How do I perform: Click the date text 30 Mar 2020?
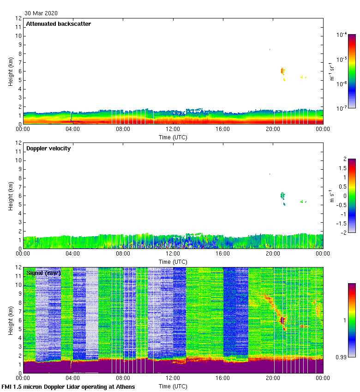click(41, 13)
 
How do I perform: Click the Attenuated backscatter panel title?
click(58, 24)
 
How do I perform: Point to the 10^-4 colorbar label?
click(342, 35)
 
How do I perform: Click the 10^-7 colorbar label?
click(342, 108)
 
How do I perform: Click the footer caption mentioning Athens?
click(68, 387)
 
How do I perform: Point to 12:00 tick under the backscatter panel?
click(173, 129)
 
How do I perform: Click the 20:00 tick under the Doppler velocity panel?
click(272, 254)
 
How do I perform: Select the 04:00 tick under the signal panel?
click(73, 378)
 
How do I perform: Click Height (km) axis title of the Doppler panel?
click(11, 196)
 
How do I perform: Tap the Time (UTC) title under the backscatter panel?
click(173, 137)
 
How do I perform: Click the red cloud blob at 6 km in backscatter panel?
click(282, 71)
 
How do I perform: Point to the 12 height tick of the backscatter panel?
click(18, 18)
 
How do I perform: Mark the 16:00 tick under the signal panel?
click(222, 378)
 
